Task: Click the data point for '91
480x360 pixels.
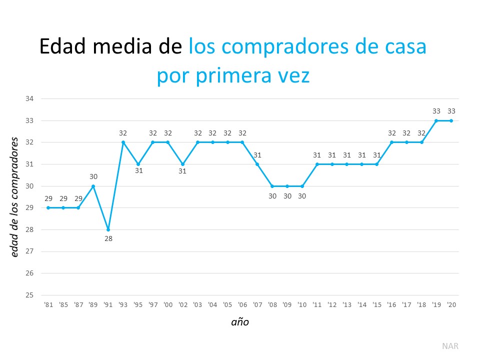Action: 108,229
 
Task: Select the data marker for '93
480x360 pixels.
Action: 123,142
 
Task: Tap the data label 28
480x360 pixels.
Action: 108,238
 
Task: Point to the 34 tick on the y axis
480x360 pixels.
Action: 29,98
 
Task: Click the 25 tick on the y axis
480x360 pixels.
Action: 29,295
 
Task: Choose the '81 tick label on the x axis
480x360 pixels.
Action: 48,304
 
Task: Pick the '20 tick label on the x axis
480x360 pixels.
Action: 451,304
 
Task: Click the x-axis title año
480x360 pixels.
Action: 240,322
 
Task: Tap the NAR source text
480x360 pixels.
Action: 450,345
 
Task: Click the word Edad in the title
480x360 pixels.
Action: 61,47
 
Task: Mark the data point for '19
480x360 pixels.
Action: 436,120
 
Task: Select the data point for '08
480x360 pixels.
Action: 272,186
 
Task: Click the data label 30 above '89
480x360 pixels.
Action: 93,176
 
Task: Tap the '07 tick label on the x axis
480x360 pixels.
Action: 257,304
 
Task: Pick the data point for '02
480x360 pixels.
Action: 183,164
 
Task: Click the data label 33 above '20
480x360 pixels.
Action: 451,111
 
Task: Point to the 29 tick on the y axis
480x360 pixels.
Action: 29,207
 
